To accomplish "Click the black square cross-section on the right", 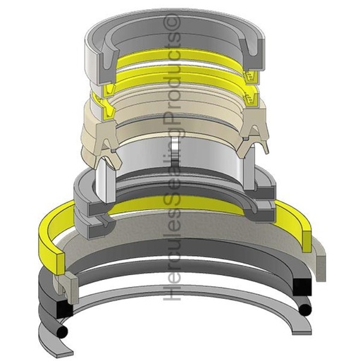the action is point(302,287).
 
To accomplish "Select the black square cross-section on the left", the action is point(65,307).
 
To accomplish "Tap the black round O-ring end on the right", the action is point(306,310).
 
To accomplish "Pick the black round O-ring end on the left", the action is point(62,331).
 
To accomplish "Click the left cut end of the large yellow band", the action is point(61,264).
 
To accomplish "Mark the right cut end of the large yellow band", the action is point(308,240).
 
